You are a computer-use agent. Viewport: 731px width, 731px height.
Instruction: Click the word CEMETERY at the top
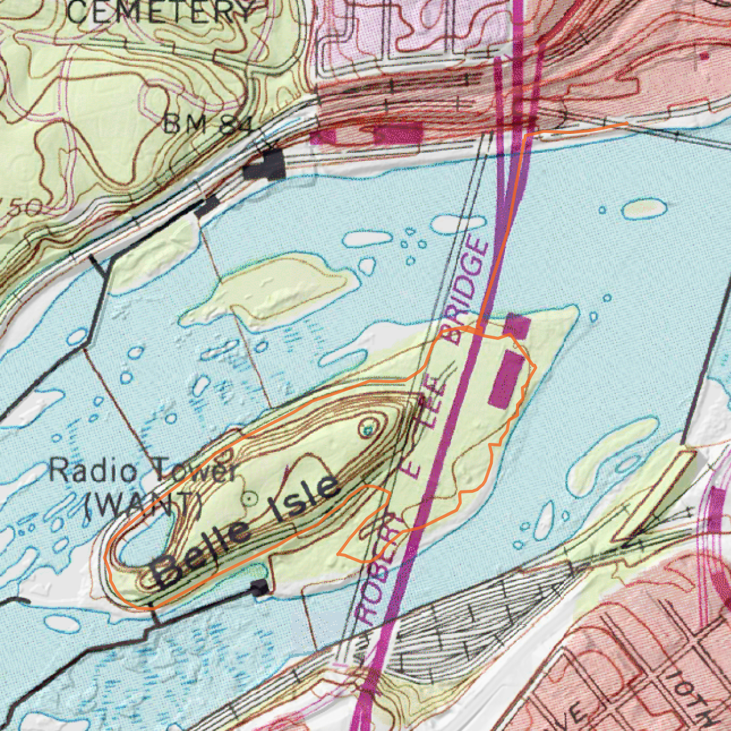click(x=160, y=12)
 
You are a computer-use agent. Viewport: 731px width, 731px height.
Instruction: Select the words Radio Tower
click(x=143, y=472)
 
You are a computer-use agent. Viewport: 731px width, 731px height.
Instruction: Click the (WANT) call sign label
click(x=143, y=504)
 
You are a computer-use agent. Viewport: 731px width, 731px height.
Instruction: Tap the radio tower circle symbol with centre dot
click(x=249, y=498)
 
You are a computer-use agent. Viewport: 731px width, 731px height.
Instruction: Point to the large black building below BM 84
click(x=264, y=164)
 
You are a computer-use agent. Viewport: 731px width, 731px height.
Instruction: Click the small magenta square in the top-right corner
click(x=704, y=56)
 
